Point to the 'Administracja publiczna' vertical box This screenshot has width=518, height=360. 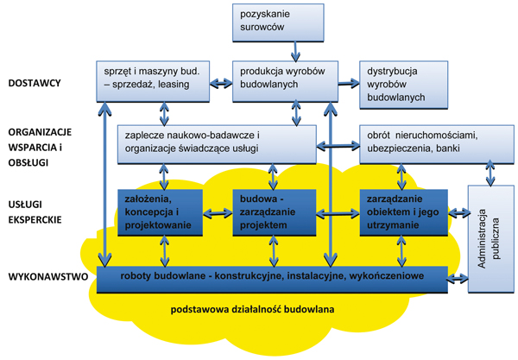click(x=488, y=237)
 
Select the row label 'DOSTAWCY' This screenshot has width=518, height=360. click(x=34, y=84)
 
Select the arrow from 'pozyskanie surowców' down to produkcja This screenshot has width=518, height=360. click(x=296, y=51)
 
